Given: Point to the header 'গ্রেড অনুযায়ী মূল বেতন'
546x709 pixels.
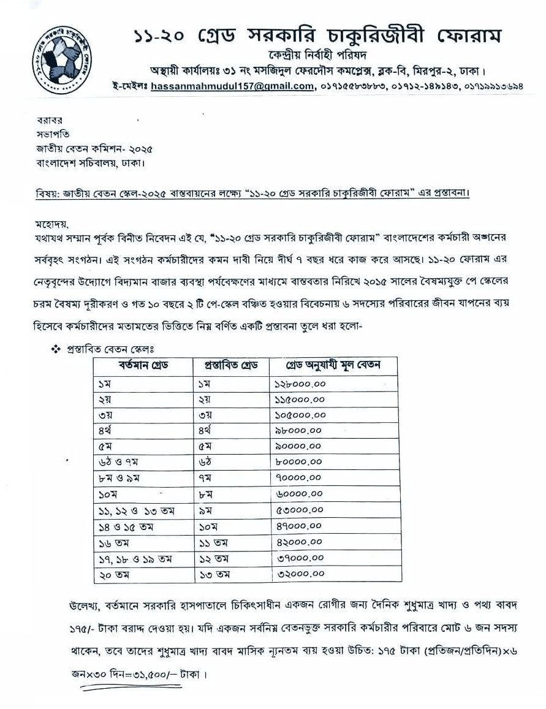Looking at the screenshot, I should pyautogui.click(x=333, y=366).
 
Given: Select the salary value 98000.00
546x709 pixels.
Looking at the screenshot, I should pyautogui.click(x=296, y=431).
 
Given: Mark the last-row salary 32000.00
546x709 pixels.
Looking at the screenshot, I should pyautogui.click(x=296, y=574).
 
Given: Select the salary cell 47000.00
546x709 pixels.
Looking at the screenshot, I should pyautogui.click(x=296, y=526).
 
